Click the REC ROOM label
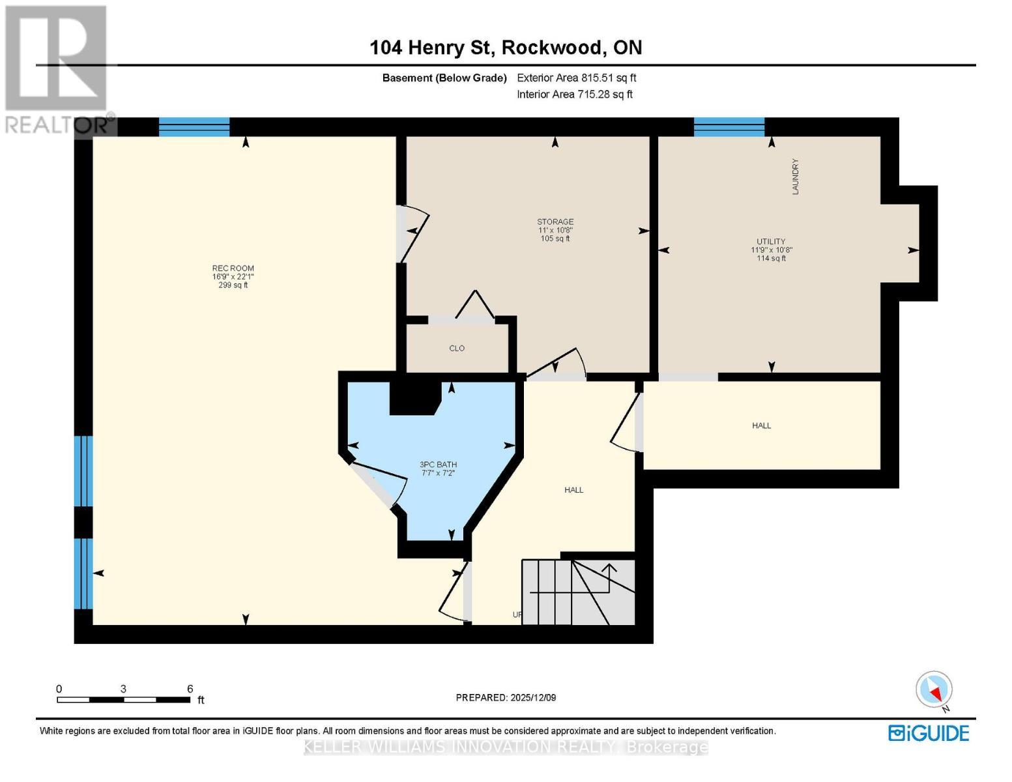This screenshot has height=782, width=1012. coord(233,268)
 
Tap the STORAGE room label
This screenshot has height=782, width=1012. coord(555,222)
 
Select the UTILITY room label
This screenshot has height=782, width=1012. coord(771,242)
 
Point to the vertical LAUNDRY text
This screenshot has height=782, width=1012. coord(795,177)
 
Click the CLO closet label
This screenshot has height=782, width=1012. coord(457,349)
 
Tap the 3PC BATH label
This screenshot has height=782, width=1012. coord(438,465)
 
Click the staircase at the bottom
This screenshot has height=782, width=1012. coord(579,592)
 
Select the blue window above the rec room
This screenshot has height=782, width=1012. coord(194,126)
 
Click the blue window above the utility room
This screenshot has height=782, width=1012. coord(729,126)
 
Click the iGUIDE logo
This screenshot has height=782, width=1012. coord(929,733)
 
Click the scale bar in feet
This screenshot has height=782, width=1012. coord(123,700)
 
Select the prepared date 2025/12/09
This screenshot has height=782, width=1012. coord(506,698)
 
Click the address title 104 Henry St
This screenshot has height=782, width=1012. coord(506,48)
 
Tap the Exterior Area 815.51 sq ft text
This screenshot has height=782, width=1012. coord(576,78)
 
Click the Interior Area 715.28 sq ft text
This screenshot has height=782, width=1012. coord(574,94)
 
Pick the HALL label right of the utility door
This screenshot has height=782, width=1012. coord(761,426)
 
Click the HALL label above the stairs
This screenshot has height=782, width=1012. coord(573,490)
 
